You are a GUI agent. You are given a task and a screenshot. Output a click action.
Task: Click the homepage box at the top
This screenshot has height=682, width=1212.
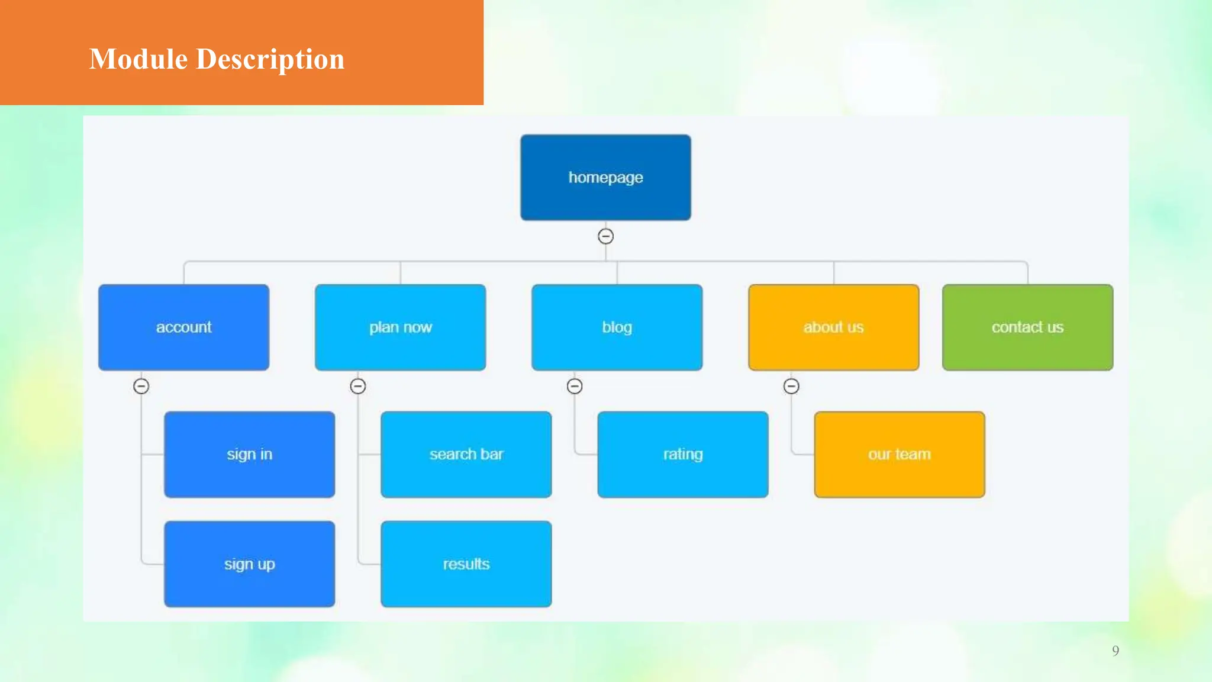point(605,178)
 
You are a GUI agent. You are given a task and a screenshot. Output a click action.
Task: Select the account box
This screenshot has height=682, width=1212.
point(183,327)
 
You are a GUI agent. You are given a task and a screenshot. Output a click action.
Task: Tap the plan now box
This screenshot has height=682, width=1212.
point(400,327)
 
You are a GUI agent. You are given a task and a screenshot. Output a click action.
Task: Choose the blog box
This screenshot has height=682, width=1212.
point(617,327)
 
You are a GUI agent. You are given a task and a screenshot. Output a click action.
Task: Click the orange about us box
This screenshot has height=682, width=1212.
point(833,327)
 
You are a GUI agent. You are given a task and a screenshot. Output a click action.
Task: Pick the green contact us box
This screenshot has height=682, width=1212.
point(1027,327)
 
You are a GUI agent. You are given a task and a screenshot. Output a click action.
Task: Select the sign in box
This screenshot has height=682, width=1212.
point(249,455)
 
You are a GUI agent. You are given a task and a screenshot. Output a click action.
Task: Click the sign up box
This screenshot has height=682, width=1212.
point(249,564)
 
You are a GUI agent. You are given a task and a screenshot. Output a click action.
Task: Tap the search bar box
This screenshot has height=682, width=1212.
point(466,455)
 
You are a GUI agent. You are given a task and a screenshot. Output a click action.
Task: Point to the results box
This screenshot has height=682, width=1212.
point(466,564)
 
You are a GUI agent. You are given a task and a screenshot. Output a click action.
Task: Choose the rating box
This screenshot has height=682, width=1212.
point(682,455)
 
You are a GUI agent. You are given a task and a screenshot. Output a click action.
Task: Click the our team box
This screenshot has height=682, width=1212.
point(899,455)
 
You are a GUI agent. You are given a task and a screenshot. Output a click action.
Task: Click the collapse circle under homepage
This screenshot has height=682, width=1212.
point(605,236)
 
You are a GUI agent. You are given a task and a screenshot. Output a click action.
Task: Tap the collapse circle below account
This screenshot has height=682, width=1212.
point(141,386)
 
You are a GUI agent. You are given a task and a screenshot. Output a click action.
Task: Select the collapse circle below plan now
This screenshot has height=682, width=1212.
point(357,386)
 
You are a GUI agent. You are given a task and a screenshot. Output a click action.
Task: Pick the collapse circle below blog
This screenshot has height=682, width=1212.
point(575,386)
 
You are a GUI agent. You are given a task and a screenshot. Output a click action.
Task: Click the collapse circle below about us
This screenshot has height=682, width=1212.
point(791,386)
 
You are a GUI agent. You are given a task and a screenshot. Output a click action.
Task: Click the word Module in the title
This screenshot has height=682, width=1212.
point(138,59)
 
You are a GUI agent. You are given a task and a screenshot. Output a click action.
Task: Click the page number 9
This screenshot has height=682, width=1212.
point(1115,651)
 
